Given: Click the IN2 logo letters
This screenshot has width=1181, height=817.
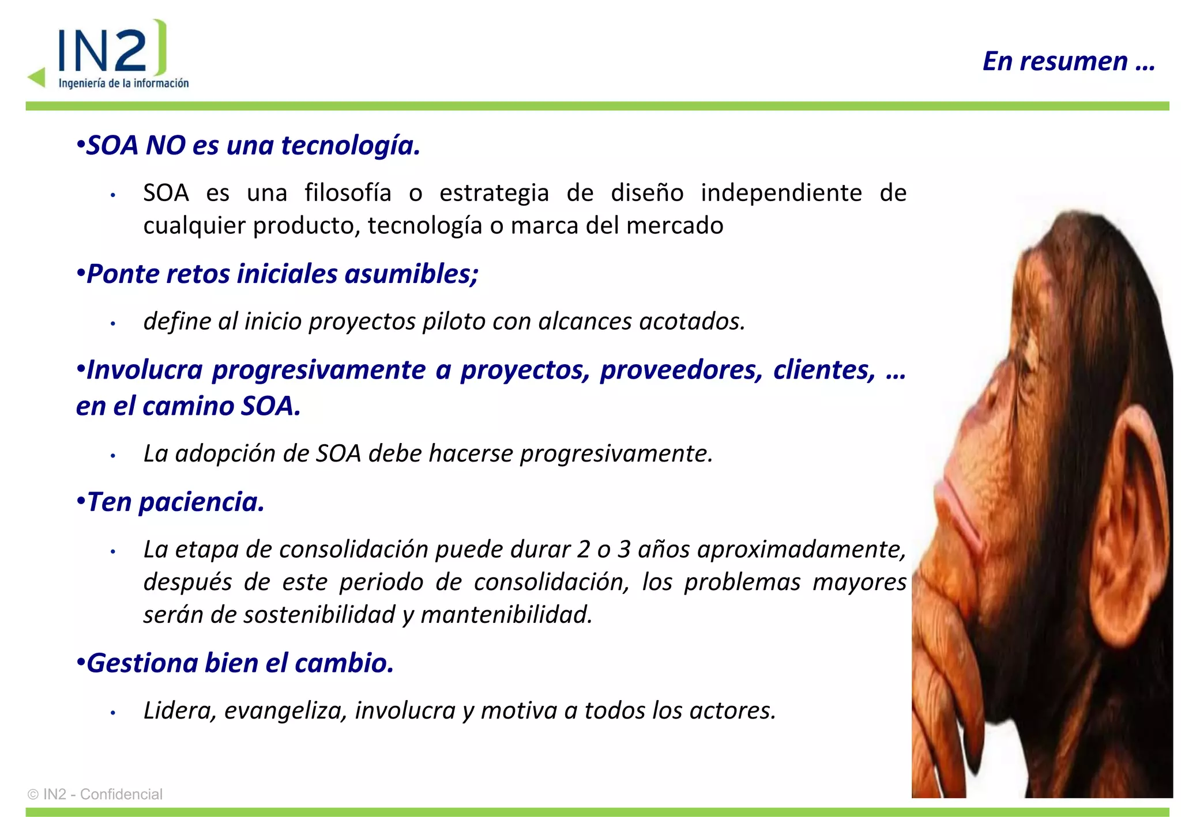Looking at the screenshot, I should click(x=104, y=51).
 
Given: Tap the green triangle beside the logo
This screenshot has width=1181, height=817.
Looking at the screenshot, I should click(x=37, y=77).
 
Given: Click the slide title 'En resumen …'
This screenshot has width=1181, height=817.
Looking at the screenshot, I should click(x=1069, y=61).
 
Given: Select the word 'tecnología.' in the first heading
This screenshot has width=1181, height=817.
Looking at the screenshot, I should click(x=350, y=145).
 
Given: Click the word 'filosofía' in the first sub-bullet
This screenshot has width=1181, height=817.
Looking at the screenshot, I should click(x=348, y=193).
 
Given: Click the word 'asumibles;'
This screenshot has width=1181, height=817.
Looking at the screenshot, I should click(x=411, y=274).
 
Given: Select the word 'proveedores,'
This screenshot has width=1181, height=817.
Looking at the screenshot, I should click(x=681, y=370).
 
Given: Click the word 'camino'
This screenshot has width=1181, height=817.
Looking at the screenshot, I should click(x=187, y=406).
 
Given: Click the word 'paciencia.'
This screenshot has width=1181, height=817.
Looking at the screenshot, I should click(x=201, y=502).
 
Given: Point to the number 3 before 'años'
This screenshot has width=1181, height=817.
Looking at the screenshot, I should click(x=624, y=550).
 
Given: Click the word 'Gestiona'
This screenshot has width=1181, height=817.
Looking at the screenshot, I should click(x=142, y=663).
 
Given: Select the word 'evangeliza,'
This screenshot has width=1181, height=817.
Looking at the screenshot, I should click(x=285, y=711).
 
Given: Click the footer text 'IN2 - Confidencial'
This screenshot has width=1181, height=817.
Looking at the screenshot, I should click(x=102, y=795).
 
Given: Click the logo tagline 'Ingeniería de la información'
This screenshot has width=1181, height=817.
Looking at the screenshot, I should click(x=123, y=84).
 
